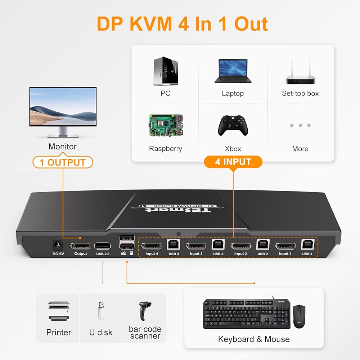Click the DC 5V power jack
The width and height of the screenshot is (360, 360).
(x=58, y=245)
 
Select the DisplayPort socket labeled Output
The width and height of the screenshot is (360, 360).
(x=80, y=246)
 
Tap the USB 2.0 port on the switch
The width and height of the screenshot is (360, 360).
(x=103, y=246)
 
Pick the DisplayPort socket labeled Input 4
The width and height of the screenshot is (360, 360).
(x=151, y=246)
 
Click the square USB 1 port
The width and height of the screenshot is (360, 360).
(x=307, y=244)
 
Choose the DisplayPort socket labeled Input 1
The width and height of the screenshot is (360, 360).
(x=285, y=246)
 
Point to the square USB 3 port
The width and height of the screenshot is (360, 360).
(x=218, y=244)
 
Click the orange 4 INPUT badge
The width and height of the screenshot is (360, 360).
(x=233, y=162)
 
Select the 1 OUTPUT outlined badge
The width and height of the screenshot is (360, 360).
(x=63, y=162)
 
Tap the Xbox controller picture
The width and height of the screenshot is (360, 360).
(x=233, y=125)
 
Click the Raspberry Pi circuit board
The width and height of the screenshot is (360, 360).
(x=166, y=125)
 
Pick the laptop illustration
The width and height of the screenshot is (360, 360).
(x=233, y=71)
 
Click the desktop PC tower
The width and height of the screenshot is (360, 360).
(x=166, y=71)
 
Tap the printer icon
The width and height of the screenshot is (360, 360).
(x=59, y=311)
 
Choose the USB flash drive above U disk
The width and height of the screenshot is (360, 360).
(x=101, y=311)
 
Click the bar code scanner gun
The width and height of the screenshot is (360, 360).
(x=145, y=311)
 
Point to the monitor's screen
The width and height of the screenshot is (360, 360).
(x=63, y=106)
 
